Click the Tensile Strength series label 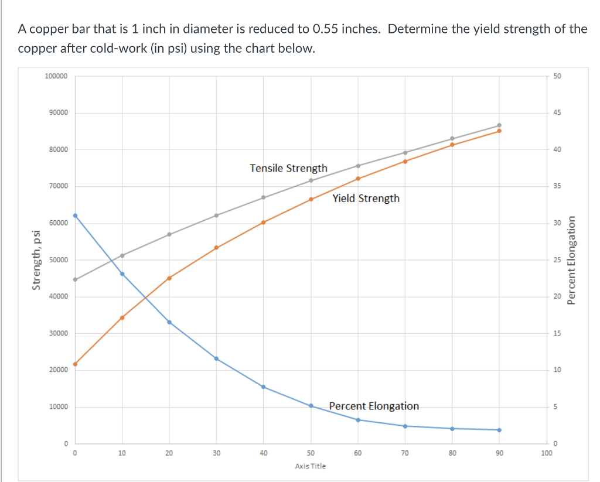[288, 168]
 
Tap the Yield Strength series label [366, 198]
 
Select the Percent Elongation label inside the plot [374, 406]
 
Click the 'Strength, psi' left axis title [37, 260]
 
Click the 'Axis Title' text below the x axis [311, 466]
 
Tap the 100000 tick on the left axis [56, 76]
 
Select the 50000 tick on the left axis [58, 260]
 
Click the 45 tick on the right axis [556, 112]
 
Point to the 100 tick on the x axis [547, 453]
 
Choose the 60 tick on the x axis [358, 453]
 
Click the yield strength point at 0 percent [75, 364]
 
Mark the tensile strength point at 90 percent [499, 125]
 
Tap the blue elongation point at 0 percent [75, 216]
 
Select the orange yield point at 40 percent [264, 223]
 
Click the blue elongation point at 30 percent [216, 358]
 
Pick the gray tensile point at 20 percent [169, 234]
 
